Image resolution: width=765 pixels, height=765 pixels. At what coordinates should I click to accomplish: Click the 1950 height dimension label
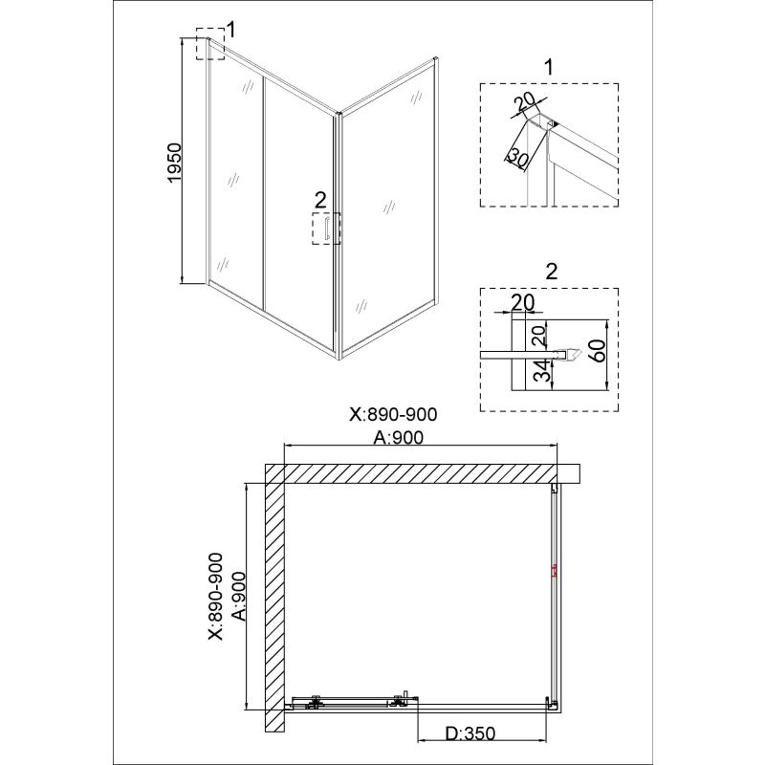point(174,164)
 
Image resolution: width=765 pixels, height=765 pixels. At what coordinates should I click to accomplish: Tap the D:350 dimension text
point(470,732)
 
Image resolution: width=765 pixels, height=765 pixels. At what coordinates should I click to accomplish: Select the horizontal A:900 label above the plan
point(399,438)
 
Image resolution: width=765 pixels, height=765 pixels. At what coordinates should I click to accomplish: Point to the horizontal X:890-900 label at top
point(394,414)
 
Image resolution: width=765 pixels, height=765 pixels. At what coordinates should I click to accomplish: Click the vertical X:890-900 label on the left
point(215,596)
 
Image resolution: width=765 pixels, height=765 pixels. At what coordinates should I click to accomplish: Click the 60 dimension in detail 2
point(598,351)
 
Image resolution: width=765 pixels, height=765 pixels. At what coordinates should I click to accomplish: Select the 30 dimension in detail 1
point(518,157)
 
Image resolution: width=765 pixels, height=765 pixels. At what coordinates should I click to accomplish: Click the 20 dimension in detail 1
point(525,102)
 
